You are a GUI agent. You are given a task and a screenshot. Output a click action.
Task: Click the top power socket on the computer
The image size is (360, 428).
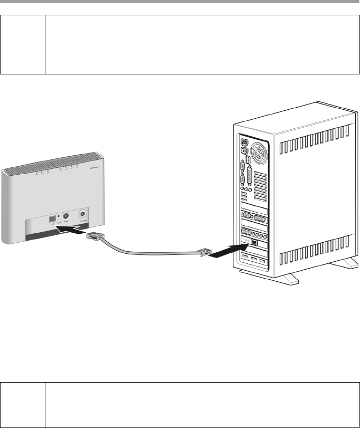[244, 142]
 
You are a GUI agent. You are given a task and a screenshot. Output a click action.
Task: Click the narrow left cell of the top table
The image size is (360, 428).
[24, 44]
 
